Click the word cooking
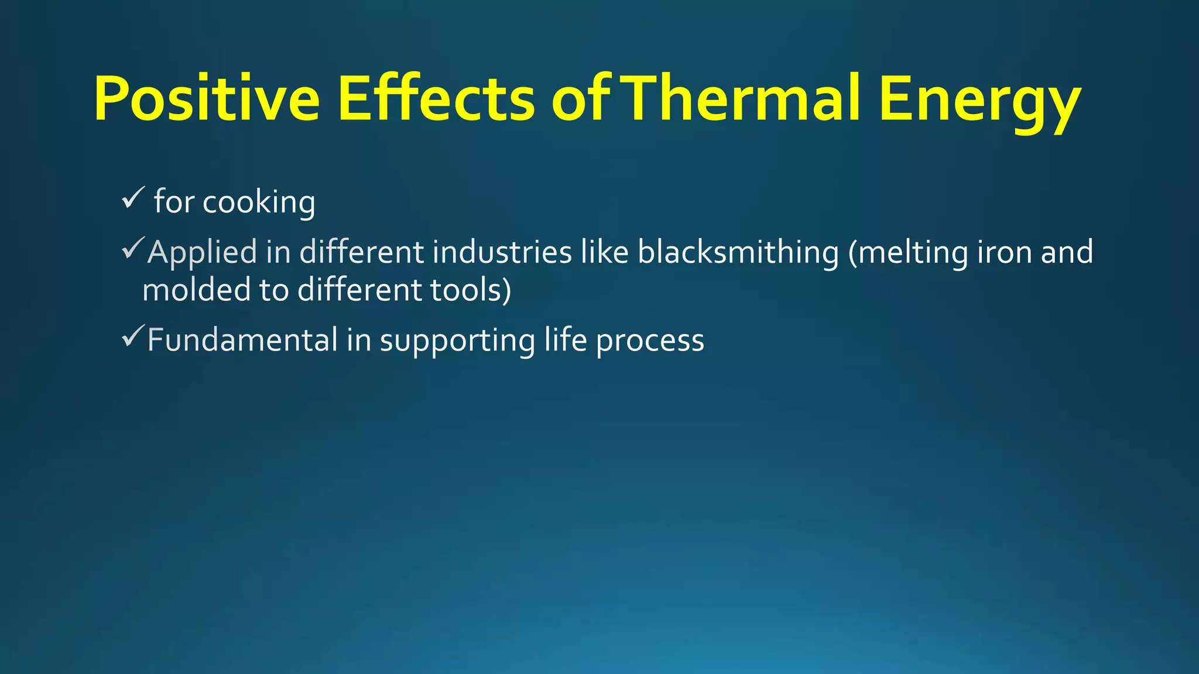259,203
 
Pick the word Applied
202,253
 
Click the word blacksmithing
738,253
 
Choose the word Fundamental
242,340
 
